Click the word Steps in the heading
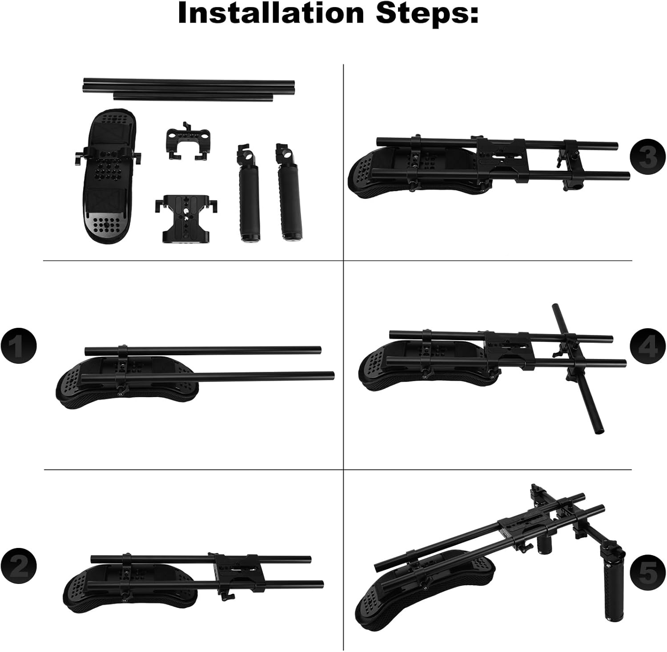click(x=427, y=13)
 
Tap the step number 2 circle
click(x=18, y=567)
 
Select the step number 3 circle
click(x=648, y=157)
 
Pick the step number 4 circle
click(x=648, y=346)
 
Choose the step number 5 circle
click(x=648, y=572)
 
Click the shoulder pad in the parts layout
click(x=108, y=175)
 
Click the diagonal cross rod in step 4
click(x=578, y=369)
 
